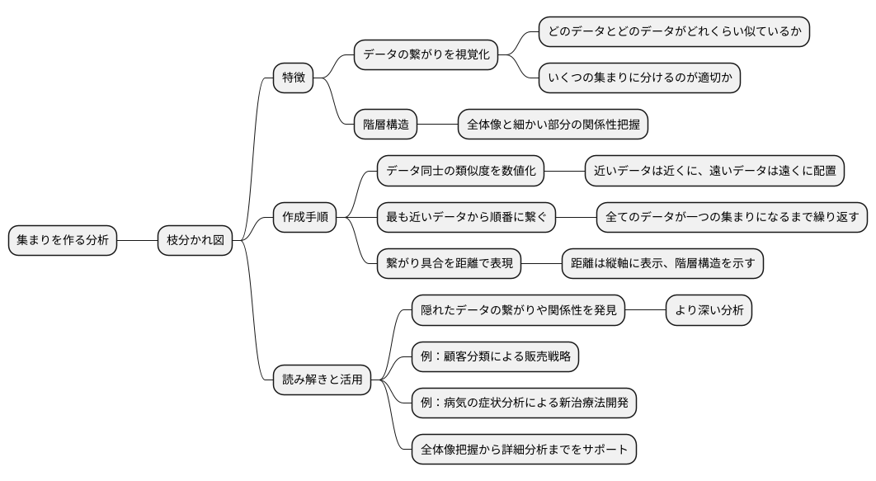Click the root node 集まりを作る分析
pyautogui.click(x=63, y=241)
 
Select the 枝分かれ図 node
pyautogui.click(x=195, y=241)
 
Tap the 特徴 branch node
pyautogui.click(x=294, y=78)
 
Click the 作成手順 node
pyautogui.click(x=304, y=218)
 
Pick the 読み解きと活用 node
pyautogui.click(x=322, y=380)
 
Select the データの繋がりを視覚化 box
pyautogui.click(x=426, y=55)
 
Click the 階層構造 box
pyautogui.click(x=385, y=125)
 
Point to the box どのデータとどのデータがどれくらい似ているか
pyautogui.click(x=674, y=31)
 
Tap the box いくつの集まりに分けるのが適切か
pyautogui.click(x=639, y=78)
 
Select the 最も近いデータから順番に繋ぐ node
pyautogui.click(x=466, y=218)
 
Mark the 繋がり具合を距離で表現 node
pyautogui.click(x=450, y=264)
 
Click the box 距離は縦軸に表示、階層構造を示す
pyautogui.click(x=662, y=264)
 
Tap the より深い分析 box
pyautogui.click(x=709, y=311)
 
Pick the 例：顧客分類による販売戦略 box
pyautogui.click(x=495, y=357)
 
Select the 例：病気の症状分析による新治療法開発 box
pyautogui.click(x=524, y=403)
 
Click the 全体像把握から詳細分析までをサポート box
pyautogui.click(x=524, y=450)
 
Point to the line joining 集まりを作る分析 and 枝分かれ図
pyautogui.click(x=137, y=241)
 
